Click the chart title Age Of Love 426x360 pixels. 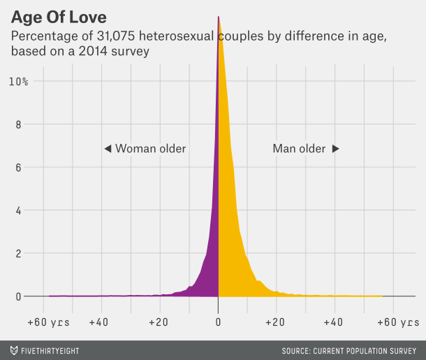[59, 15]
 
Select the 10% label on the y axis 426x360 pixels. [18, 82]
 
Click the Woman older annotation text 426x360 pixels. [150, 149]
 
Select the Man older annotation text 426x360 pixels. [299, 149]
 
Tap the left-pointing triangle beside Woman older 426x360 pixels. [108, 149]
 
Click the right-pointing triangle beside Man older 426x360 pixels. [335, 149]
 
